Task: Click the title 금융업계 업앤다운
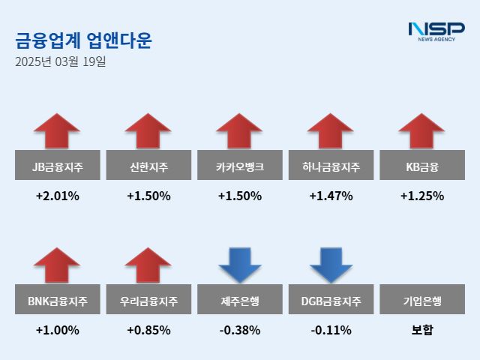82,40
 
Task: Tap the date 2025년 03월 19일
61,62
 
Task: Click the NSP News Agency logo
436,32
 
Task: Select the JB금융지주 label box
58,166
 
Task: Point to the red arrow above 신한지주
148,132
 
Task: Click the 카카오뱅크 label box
240,166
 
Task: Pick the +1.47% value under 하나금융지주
331,196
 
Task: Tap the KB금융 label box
421,166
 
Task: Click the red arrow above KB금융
421,132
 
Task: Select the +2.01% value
58,196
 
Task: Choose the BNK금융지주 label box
58,301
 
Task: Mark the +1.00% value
58,330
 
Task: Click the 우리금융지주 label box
148,301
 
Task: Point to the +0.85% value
148,330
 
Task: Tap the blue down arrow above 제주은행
240,265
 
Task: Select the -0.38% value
240,330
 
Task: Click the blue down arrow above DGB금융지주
331,265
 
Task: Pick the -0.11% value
331,330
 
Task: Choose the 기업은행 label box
421,301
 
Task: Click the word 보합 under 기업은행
421,330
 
